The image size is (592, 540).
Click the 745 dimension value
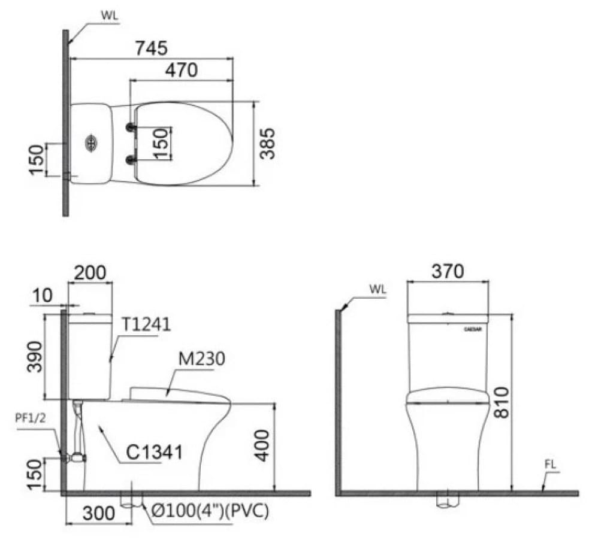[x=150, y=48]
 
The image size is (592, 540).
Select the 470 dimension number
[x=181, y=71]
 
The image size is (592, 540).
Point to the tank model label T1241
[x=146, y=324]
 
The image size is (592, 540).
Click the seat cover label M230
[x=201, y=359]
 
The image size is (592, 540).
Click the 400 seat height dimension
[x=261, y=444]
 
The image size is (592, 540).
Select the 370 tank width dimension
[x=448, y=271]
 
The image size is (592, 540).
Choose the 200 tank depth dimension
[x=90, y=272]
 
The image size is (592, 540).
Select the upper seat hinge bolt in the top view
[x=129, y=127]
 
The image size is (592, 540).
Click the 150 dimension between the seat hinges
[x=161, y=143]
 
